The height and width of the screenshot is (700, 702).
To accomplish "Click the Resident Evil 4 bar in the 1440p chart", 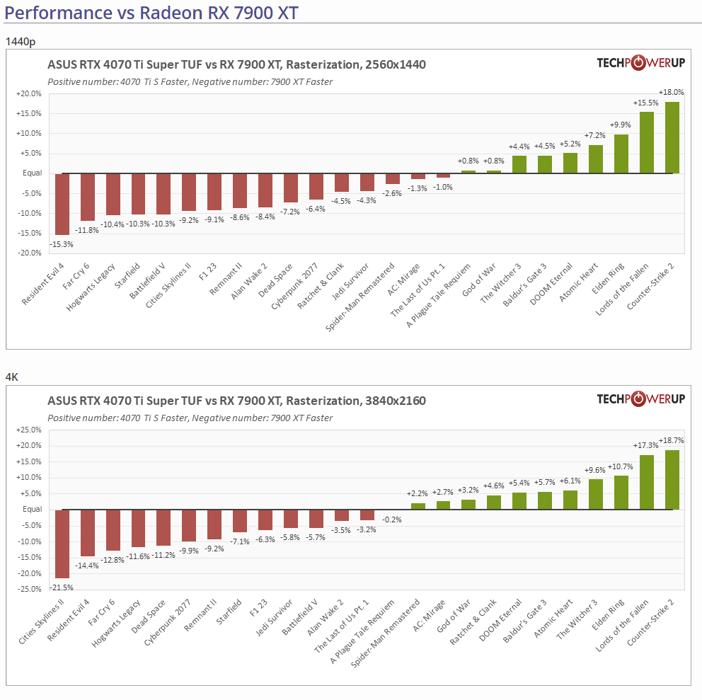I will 62,204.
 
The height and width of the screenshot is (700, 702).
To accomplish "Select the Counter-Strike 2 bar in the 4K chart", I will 672,480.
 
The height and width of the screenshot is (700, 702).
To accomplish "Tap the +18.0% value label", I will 671,93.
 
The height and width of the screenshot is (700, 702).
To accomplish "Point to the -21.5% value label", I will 61,587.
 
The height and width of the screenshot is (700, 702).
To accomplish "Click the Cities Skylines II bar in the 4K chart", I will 62,544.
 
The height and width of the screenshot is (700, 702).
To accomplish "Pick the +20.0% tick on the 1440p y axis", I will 29,94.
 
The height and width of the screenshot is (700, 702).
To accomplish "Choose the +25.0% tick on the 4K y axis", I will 29,430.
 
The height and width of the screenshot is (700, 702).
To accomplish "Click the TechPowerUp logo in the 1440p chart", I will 640,64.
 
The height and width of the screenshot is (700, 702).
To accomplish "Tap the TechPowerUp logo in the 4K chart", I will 640,399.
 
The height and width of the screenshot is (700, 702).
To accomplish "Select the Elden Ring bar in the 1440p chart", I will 621,154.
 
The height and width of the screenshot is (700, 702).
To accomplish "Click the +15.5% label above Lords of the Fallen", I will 646,103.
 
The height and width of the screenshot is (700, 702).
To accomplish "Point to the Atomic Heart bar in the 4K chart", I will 570,500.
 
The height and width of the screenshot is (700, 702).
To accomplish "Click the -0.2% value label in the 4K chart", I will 391,520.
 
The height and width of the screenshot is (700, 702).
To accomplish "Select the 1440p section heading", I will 20,42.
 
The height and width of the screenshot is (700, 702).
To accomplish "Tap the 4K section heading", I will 11,377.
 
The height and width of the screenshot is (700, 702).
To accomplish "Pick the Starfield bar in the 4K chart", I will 240,521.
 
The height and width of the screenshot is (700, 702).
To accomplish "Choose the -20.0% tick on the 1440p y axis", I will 29,253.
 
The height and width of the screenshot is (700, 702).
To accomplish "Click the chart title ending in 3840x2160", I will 236,401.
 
